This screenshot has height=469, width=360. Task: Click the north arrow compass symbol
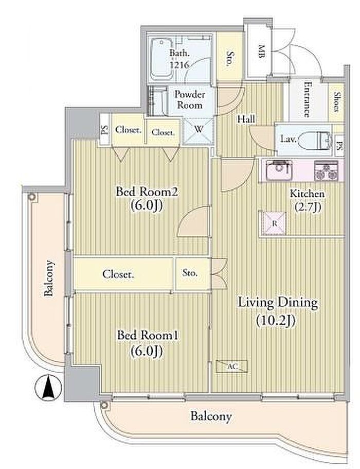point(48,388)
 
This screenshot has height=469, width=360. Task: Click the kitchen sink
point(279,170)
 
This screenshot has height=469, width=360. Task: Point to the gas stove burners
point(326,170)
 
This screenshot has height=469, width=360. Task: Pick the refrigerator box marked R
point(274,223)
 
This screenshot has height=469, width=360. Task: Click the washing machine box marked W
point(199,130)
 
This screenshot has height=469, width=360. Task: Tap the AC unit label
point(232,366)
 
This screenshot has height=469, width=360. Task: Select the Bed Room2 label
point(147,192)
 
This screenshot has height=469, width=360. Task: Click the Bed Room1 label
point(147,335)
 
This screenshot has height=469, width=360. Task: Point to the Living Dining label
point(277,303)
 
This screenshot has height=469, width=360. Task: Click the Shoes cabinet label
point(337,102)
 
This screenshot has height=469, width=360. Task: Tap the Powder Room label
point(190,100)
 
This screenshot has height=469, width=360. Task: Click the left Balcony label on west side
point(49,278)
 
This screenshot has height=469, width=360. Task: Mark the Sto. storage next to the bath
point(229,59)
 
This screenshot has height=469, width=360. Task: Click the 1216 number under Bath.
point(179,64)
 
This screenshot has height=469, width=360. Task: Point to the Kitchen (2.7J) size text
point(308,206)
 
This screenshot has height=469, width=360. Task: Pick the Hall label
point(246,119)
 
